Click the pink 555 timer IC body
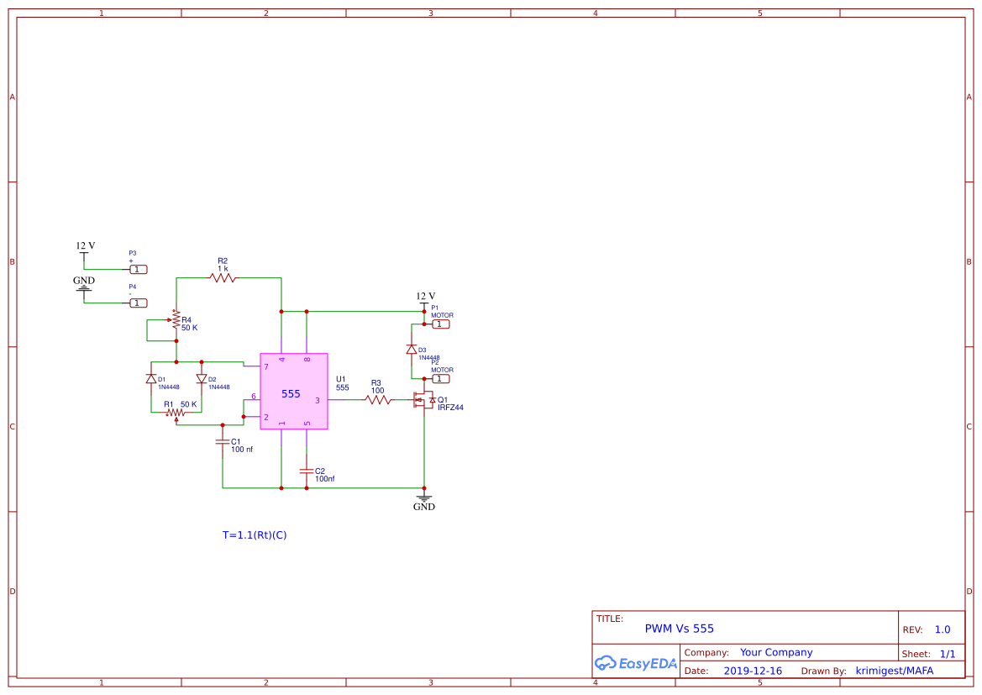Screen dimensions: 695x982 [x=293, y=392]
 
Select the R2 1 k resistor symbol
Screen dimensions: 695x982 [x=223, y=277]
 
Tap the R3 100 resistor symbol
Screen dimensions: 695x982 [x=378, y=400]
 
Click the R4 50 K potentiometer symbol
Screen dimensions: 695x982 [x=176, y=324]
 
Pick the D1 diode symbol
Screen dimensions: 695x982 [x=151, y=379]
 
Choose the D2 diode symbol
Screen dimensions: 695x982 [x=201, y=379]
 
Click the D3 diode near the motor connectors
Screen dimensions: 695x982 [x=412, y=350]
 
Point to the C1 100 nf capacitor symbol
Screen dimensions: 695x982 [x=223, y=441]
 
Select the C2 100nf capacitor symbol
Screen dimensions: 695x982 [x=307, y=471]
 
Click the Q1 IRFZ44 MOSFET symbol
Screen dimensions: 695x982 [x=423, y=401]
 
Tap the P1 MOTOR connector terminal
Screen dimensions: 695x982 [x=441, y=324]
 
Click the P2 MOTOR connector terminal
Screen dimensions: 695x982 [x=441, y=379]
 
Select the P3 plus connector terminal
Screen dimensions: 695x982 [x=139, y=270]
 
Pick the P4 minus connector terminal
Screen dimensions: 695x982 [x=139, y=303]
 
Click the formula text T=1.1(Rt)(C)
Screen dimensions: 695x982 [x=255, y=534]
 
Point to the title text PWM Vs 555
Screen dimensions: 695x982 [x=679, y=629]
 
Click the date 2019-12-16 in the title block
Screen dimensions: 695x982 [x=752, y=671]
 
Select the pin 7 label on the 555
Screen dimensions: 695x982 [x=266, y=367]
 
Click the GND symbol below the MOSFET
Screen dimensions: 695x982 [x=424, y=499]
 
